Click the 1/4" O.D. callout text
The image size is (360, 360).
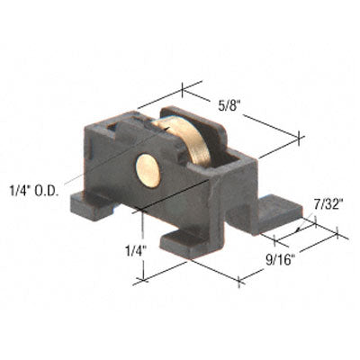(32, 190)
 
